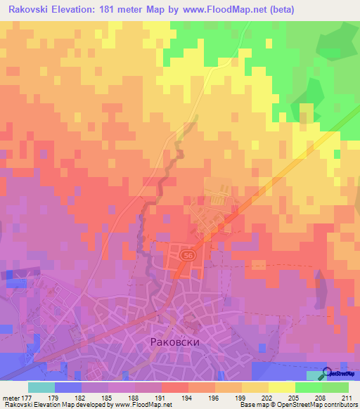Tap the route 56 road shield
186,257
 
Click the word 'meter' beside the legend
12,397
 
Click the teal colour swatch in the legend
41,387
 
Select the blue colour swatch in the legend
68,387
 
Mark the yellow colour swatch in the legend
281,387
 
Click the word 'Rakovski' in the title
32,10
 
